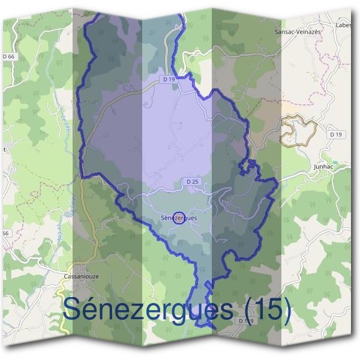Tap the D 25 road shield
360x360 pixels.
click(x=192, y=181)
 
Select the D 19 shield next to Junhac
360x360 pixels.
click(x=335, y=135)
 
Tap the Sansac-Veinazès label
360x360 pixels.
click(x=298, y=31)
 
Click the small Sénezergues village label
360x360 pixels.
click(x=179, y=218)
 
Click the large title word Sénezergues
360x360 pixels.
click(x=147, y=310)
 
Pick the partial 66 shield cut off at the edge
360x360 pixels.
click(x=5, y=233)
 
